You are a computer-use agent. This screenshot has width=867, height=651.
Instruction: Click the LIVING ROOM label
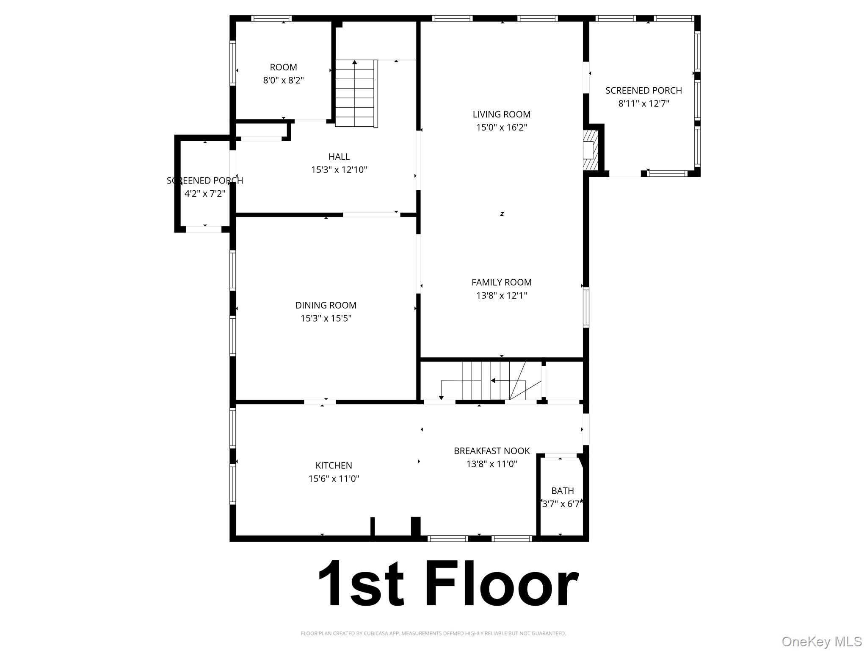point(501,114)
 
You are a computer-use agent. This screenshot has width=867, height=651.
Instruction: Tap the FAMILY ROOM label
point(501,282)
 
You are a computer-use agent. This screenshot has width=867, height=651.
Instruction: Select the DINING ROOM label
point(326,305)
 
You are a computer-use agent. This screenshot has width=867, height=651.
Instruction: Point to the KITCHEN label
point(334,465)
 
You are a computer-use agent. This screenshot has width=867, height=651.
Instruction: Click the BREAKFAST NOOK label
point(491,451)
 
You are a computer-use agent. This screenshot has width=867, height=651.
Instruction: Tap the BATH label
point(562,491)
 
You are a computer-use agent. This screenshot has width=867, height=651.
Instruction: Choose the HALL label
point(339,157)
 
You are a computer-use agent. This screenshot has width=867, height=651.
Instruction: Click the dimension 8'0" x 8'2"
point(283,80)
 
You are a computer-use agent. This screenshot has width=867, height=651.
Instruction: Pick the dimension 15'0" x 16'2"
point(501,128)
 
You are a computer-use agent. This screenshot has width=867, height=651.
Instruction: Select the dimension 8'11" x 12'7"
point(643,103)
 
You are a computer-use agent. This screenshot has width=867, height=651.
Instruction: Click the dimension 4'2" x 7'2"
point(205,194)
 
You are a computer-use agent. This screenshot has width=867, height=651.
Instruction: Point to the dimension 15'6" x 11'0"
point(334,479)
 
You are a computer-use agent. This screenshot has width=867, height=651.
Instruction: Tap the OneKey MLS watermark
point(821,641)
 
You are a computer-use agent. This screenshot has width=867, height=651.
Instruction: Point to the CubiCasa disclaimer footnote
point(433,633)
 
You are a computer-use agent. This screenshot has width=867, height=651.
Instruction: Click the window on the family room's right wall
point(586,308)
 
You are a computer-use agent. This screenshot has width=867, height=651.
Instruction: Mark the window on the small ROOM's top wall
point(271,18)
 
